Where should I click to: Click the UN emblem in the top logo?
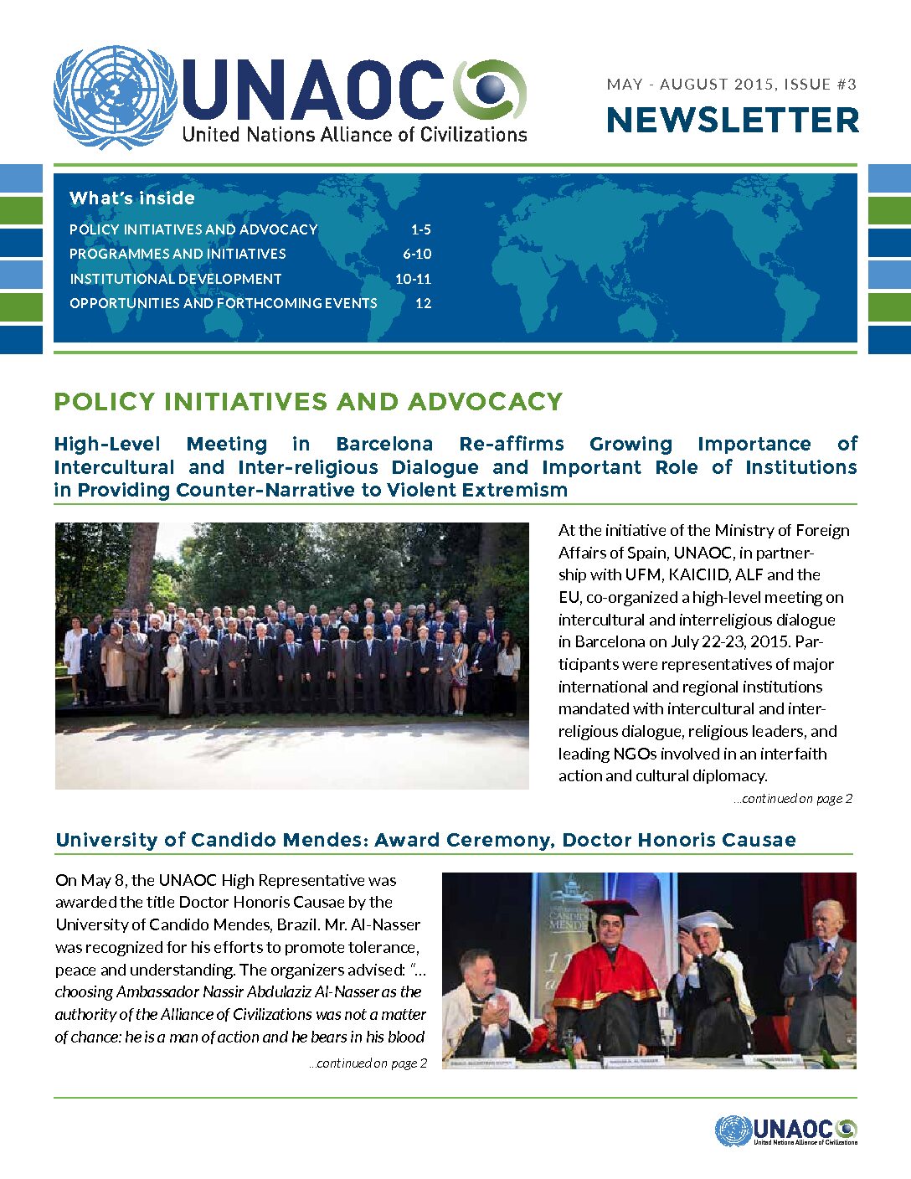[116, 98]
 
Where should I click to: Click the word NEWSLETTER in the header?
[733, 121]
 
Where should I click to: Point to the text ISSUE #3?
[821, 84]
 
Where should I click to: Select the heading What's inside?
[132, 198]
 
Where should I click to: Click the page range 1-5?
[420, 229]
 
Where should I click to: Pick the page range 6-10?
[417, 254]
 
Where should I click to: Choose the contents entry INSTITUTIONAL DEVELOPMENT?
[176, 279]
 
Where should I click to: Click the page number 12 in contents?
[424, 303]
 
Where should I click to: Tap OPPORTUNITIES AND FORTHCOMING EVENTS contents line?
[224, 303]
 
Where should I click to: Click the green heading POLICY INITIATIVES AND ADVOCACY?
[308, 402]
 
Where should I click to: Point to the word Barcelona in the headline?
[384, 444]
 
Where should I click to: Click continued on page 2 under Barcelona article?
[793, 799]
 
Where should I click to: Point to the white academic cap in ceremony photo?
[705, 920]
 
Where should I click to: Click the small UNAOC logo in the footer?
[786, 1131]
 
